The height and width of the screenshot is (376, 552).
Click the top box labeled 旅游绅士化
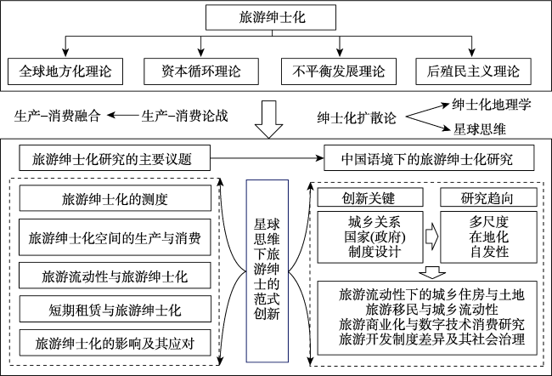coord(276,17)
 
